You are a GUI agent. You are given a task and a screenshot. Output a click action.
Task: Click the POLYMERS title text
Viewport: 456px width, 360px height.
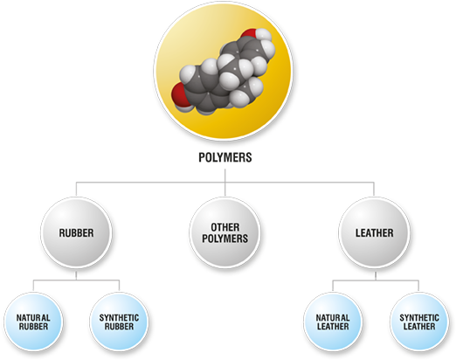coord(225,157)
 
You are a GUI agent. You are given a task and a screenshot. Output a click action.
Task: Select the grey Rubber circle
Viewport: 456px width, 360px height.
coord(76,232)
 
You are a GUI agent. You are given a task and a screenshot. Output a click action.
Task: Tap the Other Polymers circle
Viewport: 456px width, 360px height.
coord(225,232)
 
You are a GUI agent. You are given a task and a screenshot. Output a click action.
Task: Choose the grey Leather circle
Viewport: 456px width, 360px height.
coord(374,232)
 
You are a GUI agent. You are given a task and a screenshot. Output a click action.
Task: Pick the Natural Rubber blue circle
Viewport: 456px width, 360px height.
coord(33,322)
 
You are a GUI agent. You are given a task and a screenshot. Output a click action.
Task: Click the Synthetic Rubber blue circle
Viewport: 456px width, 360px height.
coord(119,322)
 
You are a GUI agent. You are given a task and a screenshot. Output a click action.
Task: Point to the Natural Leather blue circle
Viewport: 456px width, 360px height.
coord(333,322)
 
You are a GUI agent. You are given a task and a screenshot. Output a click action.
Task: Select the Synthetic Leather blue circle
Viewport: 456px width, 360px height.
coord(419,322)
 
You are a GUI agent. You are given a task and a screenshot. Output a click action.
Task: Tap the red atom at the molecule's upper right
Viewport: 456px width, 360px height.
coord(250,33)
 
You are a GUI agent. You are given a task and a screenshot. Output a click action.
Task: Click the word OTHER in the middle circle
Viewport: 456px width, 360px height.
coord(225,227)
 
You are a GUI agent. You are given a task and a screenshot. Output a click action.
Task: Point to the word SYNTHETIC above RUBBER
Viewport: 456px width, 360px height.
coord(119,317)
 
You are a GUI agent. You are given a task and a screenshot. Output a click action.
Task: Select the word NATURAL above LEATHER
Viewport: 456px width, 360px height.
coord(333,317)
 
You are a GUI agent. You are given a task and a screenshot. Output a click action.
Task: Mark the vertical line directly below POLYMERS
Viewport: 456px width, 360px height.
coord(225,183)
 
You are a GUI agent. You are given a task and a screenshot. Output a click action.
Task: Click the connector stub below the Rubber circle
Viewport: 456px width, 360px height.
coord(76,276)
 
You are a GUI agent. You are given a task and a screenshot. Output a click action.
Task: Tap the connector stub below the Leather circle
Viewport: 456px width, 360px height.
coord(376,276)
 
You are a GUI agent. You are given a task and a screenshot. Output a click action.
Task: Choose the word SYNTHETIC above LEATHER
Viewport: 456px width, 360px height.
coord(419,317)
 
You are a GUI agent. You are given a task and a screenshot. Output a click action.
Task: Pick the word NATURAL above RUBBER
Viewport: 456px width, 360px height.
coord(33,317)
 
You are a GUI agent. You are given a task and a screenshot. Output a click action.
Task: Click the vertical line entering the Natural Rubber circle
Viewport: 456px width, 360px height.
coord(33,286)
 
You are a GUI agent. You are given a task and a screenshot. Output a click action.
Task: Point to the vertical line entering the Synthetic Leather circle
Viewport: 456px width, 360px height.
coord(418,286)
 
